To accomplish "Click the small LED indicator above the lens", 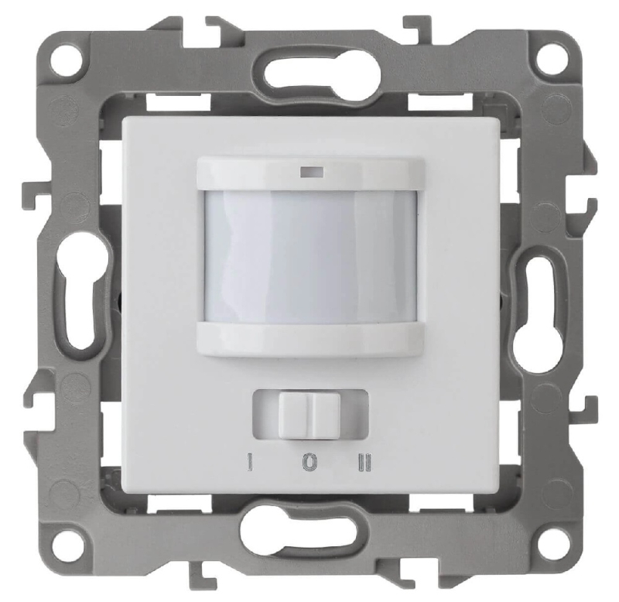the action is [312, 172].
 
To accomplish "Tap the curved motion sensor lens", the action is [311, 257].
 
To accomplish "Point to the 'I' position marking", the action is [249, 462].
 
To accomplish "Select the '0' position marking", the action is [310, 462].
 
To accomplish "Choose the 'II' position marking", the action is [364, 462].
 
